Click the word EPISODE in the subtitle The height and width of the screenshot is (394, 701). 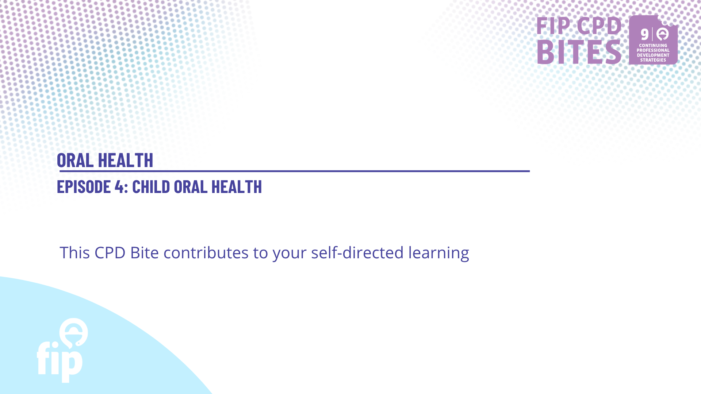coord(84,186)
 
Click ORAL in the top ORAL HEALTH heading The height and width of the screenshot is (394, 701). coord(75,160)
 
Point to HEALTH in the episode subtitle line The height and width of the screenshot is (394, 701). coord(237,186)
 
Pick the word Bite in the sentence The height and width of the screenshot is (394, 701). coord(145,252)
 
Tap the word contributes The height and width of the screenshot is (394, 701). coord(206,252)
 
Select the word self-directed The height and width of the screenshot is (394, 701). coord(357,252)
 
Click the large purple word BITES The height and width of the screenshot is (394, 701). coord(579,52)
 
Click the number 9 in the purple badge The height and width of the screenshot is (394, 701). coord(645,35)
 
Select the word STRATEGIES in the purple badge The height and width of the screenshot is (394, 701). coord(653,60)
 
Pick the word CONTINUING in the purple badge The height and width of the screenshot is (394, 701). coord(653,46)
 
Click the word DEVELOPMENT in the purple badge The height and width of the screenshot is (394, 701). coord(653,55)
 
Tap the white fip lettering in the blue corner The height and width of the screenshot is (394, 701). coord(60,361)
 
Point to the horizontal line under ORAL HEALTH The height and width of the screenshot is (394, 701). coord(294,171)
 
